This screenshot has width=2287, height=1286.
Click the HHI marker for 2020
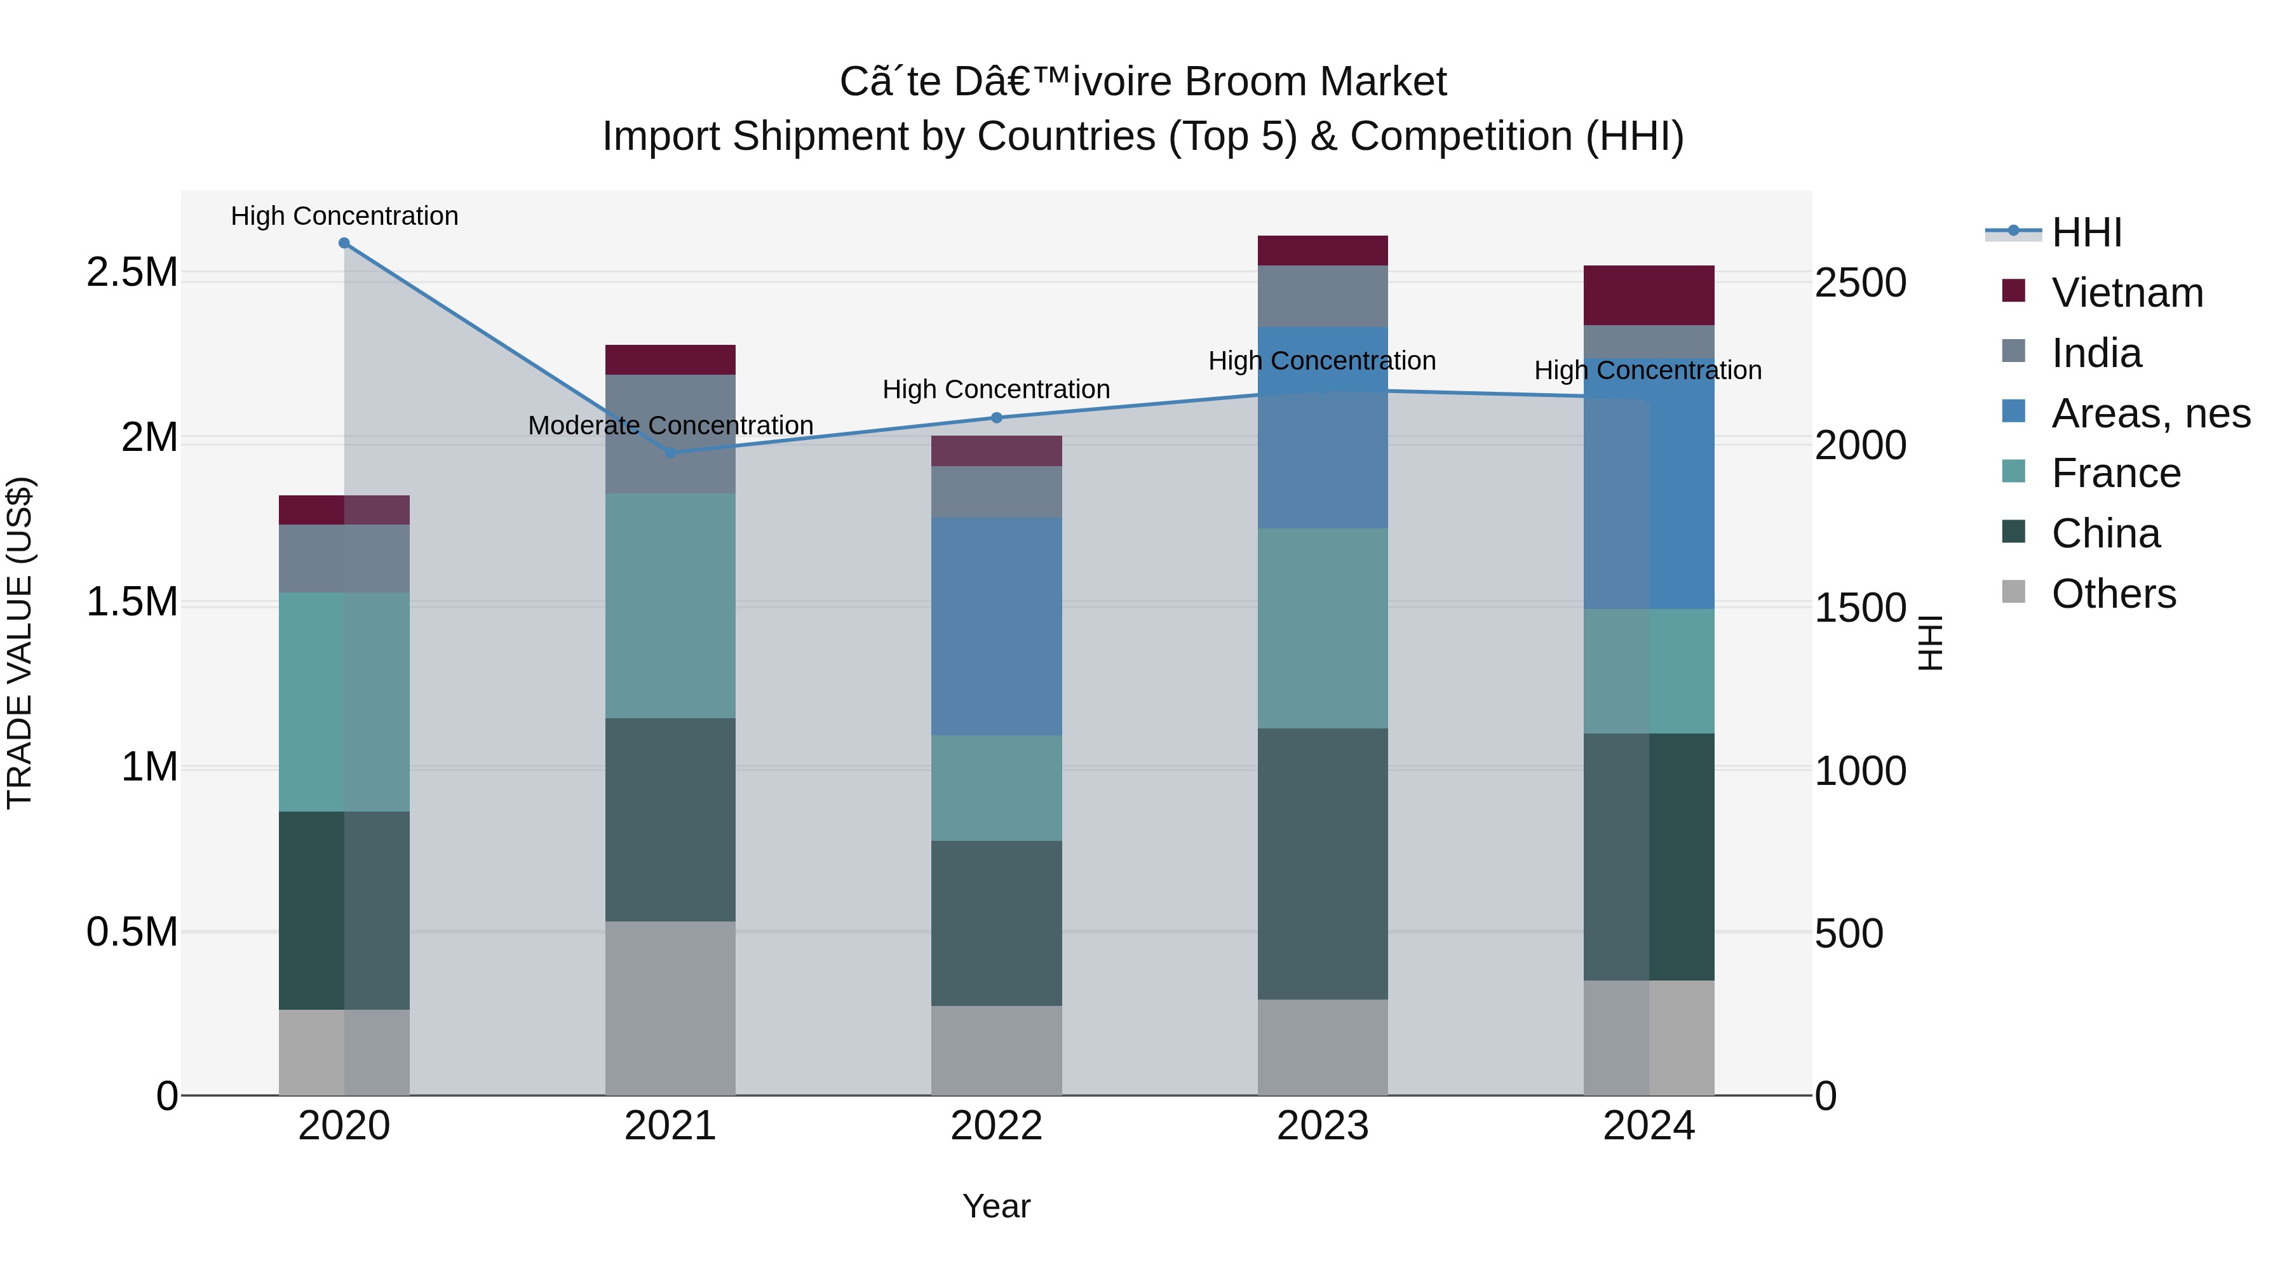[344, 243]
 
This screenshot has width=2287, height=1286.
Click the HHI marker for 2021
[670, 453]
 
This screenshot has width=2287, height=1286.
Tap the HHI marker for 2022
[996, 418]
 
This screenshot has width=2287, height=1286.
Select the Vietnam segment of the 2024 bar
[1649, 295]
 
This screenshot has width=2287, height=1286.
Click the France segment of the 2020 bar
[344, 701]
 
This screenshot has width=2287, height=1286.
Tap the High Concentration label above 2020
[344, 216]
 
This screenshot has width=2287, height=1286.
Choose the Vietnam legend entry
[2127, 293]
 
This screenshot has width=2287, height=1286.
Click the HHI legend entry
[2086, 232]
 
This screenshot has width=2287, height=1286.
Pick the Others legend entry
[2113, 594]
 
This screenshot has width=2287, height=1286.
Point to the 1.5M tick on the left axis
[132, 602]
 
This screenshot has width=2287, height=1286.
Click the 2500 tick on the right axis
[1859, 283]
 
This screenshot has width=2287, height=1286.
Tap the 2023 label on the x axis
[1322, 1125]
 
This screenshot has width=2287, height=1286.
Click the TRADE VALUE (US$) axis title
[20, 643]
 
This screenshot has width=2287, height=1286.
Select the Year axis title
[996, 1206]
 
